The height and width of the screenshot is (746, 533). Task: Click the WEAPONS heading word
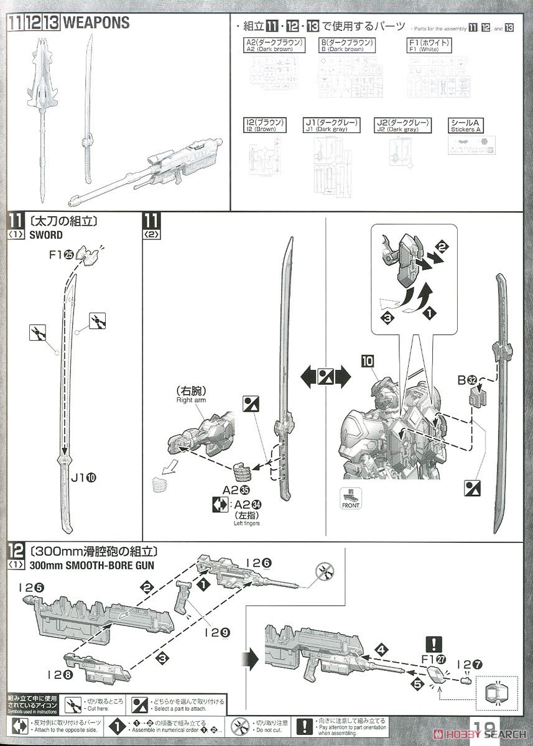96,22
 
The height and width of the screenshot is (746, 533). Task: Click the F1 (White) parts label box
426,45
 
